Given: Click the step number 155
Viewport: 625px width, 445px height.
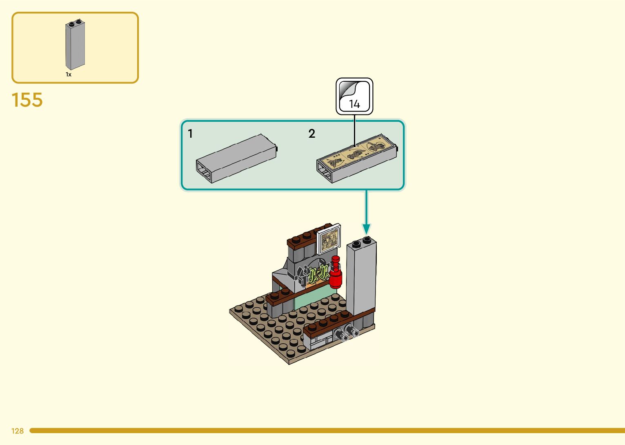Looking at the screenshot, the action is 27,100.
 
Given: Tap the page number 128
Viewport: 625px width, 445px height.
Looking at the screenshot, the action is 18,431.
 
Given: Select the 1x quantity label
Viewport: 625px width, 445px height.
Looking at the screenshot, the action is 69,74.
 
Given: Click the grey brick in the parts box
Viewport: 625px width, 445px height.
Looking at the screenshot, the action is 75,45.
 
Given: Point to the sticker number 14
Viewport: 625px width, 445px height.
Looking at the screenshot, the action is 354,104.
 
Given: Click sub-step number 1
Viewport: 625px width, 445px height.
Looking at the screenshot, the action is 190,134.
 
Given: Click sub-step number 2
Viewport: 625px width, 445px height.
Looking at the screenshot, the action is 312,134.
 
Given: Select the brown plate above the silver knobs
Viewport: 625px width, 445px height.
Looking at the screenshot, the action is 331,323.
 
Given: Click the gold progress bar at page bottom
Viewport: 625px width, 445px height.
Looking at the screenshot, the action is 327,430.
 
